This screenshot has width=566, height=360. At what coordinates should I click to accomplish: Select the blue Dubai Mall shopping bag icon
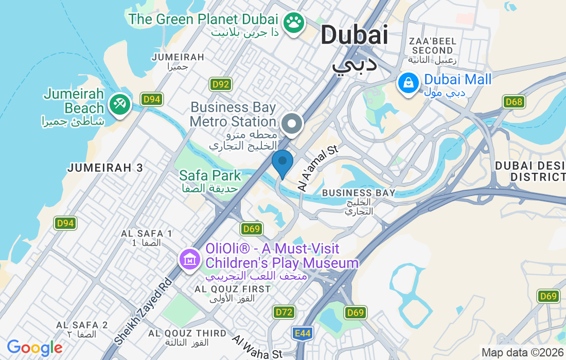click(408, 83)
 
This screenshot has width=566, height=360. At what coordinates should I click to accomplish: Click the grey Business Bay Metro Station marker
click(292, 124)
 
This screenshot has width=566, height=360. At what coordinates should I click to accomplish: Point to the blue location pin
click(282, 162)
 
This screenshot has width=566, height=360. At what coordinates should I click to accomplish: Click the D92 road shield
click(220, 84)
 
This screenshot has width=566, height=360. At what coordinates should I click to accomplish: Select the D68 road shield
click(514, 102)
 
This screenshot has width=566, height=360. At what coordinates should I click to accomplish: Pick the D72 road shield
click(284, 312)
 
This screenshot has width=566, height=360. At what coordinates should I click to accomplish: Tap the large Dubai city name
click(354, 35)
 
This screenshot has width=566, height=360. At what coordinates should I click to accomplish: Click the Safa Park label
click(210, 175)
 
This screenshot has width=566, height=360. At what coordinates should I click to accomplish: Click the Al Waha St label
click(257, 347)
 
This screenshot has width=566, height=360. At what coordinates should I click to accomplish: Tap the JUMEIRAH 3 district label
click(105, 168)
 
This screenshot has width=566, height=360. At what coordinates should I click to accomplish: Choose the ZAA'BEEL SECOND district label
click(432, 46)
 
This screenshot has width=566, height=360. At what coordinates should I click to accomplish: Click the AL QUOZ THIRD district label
click(187, 333)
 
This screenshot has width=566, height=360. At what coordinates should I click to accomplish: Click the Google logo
click(34, 348)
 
